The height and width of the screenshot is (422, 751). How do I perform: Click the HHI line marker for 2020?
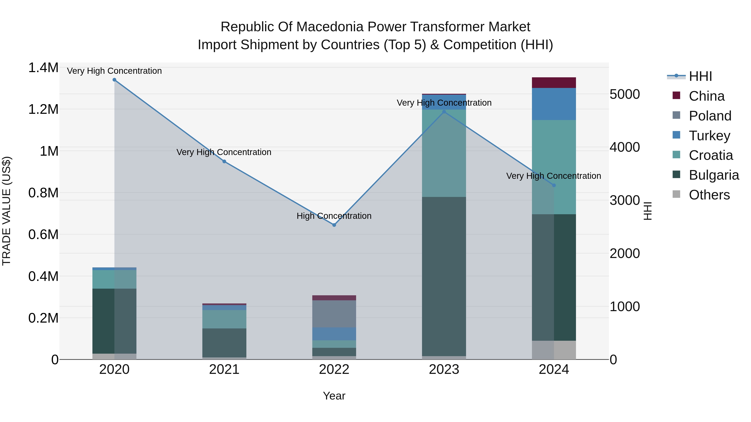(x=114, y=80)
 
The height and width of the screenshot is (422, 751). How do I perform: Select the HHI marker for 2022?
(x=334, y=225)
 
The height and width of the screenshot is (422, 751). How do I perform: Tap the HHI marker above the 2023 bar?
(x=444, y=111)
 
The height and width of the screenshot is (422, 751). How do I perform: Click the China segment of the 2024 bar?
(x=554, y=83)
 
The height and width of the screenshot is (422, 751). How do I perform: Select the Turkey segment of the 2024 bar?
(x=554, y=104)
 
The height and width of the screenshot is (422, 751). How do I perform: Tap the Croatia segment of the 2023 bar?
(x=444, y=153)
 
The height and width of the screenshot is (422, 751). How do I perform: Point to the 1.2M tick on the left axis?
(x=43, y=109)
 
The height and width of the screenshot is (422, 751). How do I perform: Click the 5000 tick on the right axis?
(x=624, y=94)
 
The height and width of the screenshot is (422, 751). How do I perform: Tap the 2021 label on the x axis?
(x=224, y=369)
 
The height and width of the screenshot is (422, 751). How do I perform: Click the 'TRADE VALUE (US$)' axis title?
(x=6, y=211)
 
